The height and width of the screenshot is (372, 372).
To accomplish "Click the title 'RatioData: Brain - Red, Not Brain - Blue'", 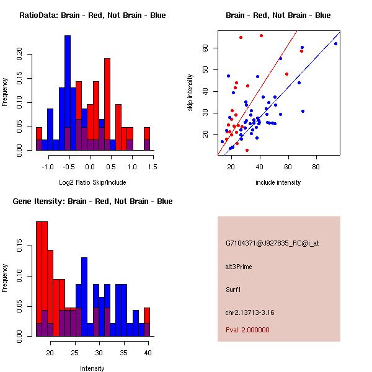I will (92, 15).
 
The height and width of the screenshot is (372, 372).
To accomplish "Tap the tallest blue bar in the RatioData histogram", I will (68, 93).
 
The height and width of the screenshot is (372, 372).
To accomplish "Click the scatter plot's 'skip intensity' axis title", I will (190, 93).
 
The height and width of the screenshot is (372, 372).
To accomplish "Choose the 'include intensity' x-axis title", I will (278, 183).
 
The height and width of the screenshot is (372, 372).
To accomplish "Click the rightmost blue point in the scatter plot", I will (335, 43).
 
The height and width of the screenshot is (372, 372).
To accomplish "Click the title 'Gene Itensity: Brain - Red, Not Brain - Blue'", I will (92, 201).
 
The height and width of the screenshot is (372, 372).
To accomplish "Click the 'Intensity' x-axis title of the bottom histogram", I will (92, 368).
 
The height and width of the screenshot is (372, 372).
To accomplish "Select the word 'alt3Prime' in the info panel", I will (239, 267).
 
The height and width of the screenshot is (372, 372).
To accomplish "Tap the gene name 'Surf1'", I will (233, 289).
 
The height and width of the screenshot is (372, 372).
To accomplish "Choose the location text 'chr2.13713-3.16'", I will (250, 311).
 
